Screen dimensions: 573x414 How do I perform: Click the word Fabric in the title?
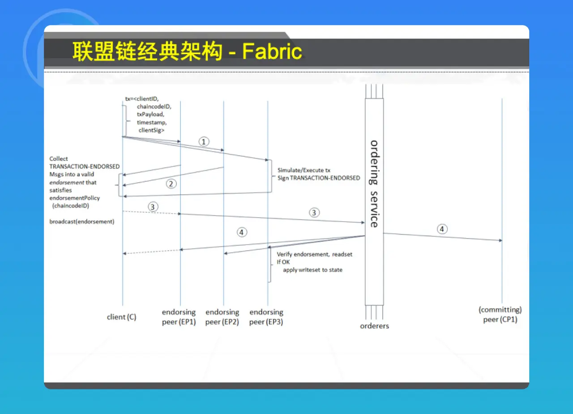272,51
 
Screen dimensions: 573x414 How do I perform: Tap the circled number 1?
204,142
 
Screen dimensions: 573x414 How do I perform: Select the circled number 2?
171,184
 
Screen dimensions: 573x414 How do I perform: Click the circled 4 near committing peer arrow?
442,229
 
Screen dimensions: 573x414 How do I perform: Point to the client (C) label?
121,317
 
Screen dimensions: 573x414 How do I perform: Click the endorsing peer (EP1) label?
179,317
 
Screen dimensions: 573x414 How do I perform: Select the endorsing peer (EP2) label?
222,317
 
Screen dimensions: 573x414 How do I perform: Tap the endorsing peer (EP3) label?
266,317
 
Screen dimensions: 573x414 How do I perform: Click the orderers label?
375,326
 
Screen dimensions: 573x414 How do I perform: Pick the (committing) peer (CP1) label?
500,315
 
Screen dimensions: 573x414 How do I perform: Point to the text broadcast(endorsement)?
82,222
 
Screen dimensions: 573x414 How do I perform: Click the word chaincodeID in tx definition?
154,107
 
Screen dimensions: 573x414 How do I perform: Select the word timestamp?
152,123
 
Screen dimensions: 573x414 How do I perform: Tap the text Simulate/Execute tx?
304,171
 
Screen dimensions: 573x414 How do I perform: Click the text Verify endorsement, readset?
315,254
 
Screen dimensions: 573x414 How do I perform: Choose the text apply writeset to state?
312,270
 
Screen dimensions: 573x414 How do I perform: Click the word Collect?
59,159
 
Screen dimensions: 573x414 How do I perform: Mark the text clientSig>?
151,130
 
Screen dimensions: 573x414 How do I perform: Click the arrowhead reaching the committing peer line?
500,240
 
